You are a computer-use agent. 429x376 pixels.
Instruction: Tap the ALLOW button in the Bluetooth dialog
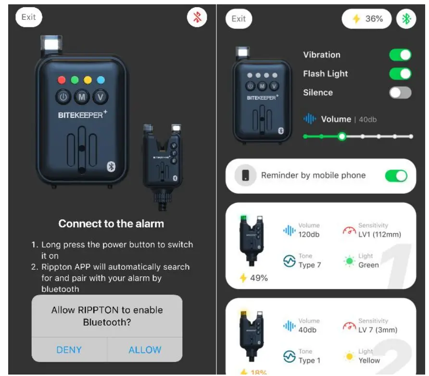pos(145,350)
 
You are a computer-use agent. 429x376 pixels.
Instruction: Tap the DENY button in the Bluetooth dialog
pos(69,350)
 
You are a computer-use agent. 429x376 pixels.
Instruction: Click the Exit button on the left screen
pos(29,17)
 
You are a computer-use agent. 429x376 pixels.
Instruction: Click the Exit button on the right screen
pos(239,19)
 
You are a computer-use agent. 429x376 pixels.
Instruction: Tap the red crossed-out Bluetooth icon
pos(197,18)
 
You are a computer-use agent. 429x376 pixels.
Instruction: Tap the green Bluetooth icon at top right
pos(406,19)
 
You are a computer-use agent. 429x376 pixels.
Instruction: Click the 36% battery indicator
pos(367,19)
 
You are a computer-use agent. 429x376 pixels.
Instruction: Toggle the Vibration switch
pos(400,55)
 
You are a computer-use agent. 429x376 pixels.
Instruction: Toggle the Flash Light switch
pos(400,74)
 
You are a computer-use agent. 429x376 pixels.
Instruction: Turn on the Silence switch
pos(400,92)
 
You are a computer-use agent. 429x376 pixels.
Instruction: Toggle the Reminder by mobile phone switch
pos(396,176)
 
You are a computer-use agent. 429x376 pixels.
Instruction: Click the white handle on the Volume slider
pos(342,137)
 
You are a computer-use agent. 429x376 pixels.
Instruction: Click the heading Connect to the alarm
pos(111,224)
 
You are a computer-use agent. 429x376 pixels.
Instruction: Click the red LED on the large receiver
pos(61,80)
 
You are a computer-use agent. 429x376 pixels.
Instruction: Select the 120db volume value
pos(308,235)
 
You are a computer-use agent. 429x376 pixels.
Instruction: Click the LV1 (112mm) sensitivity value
pos(379,235)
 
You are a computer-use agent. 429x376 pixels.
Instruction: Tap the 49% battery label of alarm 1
pos(254,278)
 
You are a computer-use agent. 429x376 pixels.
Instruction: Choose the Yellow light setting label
pos(369,360)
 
